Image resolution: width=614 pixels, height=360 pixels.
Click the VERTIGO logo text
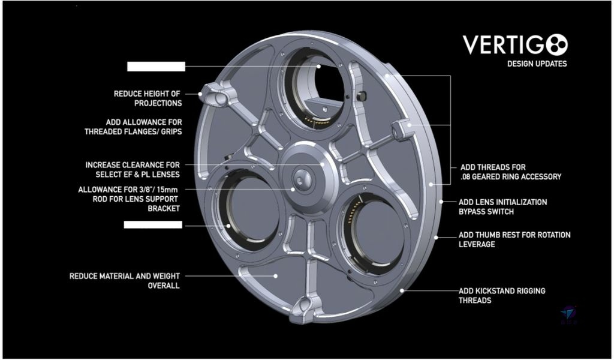pos(515,44)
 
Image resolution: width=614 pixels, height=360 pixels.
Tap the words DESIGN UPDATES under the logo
pos(537,64)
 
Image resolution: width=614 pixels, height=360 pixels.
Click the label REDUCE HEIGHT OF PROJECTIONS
pos(148,98)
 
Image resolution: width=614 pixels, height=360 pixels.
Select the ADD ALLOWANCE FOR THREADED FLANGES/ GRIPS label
pos(133,127)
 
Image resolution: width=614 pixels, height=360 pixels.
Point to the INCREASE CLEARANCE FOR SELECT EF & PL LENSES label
pos(133,170)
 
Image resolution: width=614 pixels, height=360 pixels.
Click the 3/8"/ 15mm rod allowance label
pos(129,199)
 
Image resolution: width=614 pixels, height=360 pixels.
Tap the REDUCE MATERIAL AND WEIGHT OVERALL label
pos(125,281)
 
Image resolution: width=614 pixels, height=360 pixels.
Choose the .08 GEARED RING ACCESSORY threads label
pos(511,172)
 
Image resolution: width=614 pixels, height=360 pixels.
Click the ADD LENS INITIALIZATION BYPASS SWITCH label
pos(503,207)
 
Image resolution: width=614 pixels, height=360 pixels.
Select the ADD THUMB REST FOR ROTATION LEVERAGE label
pos(514,239)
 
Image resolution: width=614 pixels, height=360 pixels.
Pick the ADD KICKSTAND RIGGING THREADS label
pos(502,295)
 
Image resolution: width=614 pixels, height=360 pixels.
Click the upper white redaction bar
pos(156,67)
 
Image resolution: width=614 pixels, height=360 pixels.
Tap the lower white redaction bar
pos(153,224)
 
